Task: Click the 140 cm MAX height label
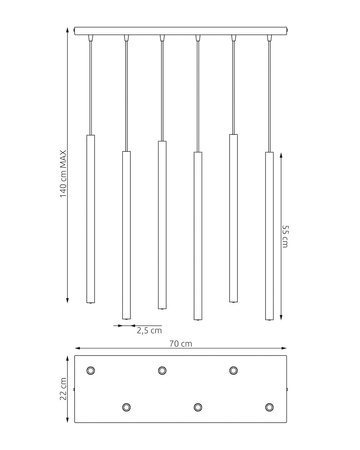click(x=63, y=174)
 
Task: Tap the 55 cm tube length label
click(x=285, y=236)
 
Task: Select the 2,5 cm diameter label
click(x=149, y=331)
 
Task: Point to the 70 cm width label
click(x=181, y=343)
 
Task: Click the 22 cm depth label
click(x=63, y=389)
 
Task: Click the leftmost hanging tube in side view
click(x=90, y=219)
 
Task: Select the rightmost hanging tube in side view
click(x=269, y=236)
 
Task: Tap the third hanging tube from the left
click(x=162, y=225)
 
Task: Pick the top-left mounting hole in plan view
click(x=90, y=370)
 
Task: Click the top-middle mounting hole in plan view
click(x=162, y=370)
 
